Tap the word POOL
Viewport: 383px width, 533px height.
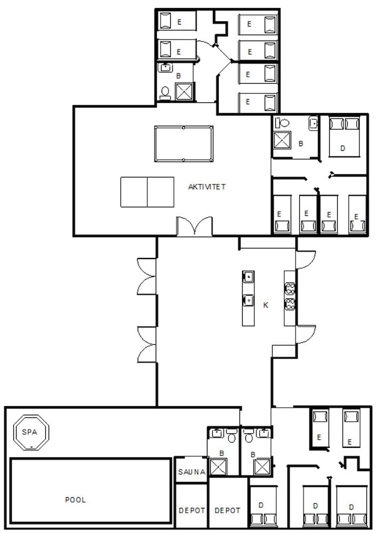coord(75,500)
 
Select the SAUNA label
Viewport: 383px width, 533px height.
coord(191,471)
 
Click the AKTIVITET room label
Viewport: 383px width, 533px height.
coord(207,187)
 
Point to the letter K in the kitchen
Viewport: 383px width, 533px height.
coord(265,305)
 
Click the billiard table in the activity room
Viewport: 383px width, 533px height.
coord(183,144)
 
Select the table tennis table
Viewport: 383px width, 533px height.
coord(147,192)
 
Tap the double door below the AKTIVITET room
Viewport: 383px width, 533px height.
coord(194,226)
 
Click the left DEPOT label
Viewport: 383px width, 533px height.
coord(191,510)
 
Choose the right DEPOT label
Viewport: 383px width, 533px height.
coord(228,510)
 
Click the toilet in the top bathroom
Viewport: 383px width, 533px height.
coord(165,92)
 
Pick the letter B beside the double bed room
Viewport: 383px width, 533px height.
coord(301,143)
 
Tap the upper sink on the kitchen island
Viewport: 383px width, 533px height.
coord(248,277)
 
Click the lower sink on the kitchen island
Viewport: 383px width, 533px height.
coord(248,300)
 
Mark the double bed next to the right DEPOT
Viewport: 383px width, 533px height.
coord(263,506)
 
